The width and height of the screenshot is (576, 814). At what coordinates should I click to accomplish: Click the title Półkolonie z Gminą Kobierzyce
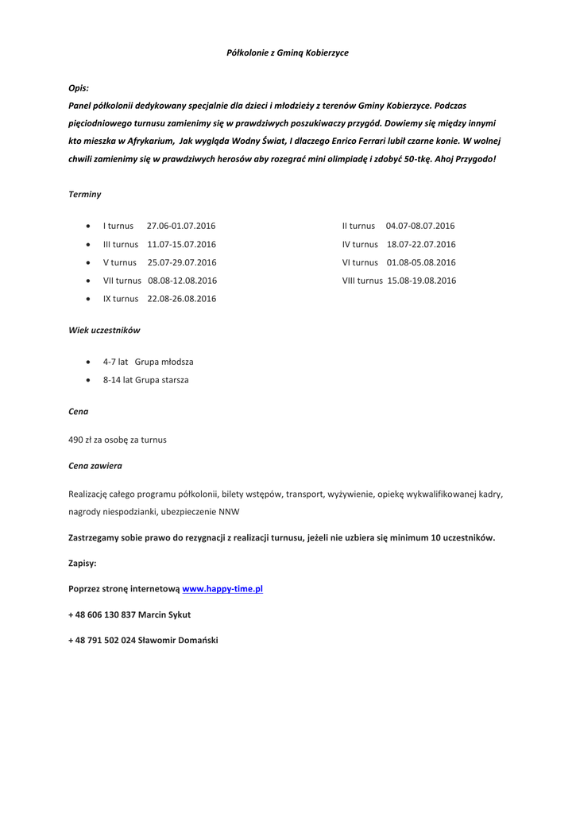point(288,52)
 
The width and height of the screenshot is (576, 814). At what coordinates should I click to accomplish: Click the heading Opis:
point(79,88)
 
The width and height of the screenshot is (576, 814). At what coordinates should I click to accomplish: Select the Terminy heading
point(85,194)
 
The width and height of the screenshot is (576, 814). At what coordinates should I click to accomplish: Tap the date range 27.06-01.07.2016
point(181,226)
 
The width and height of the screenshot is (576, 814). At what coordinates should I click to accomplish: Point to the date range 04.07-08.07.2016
point(420,226)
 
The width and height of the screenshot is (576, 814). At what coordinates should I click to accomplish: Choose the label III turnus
point(121,244)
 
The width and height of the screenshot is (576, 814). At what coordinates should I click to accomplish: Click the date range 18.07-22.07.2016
point(421,244)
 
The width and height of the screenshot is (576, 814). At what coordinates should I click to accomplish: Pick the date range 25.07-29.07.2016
point(181,262)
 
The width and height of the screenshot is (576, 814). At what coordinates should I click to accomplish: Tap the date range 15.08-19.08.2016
point(422,281)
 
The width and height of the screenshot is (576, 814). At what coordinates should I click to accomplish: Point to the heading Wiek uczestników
point(105,329)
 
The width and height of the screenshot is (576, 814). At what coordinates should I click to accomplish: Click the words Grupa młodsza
point(164,362)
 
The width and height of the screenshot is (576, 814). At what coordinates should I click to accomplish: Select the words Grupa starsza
point(162,380)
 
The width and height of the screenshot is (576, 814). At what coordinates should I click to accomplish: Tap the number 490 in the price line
point(77,439)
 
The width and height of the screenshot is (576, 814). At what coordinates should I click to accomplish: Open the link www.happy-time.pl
point(222,589)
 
